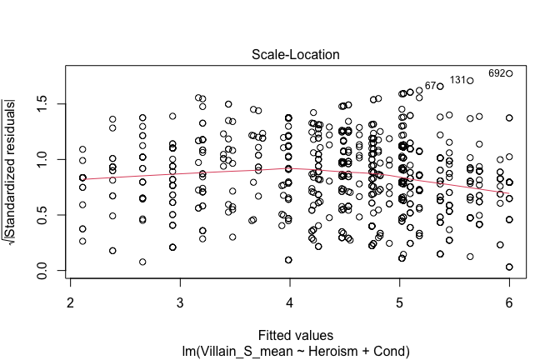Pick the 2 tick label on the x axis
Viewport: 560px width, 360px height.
click(71, 302)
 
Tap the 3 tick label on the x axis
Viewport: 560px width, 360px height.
click(180, 302)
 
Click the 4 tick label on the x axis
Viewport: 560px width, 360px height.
click(290, 302)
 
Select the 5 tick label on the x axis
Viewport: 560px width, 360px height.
click(400, 302)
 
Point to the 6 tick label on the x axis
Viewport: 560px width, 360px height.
click(509, 302)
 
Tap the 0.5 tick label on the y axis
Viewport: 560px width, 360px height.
click(42, 216)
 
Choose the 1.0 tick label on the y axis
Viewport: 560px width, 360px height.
click(42, 159)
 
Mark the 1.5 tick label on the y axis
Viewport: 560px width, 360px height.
click(42, 103)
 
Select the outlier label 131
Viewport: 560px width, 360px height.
click(458, 80)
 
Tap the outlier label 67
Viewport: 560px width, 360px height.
click(431, 85)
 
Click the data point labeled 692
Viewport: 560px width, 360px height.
click(509, 73)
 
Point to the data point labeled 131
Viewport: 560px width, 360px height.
click(471, 81)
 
